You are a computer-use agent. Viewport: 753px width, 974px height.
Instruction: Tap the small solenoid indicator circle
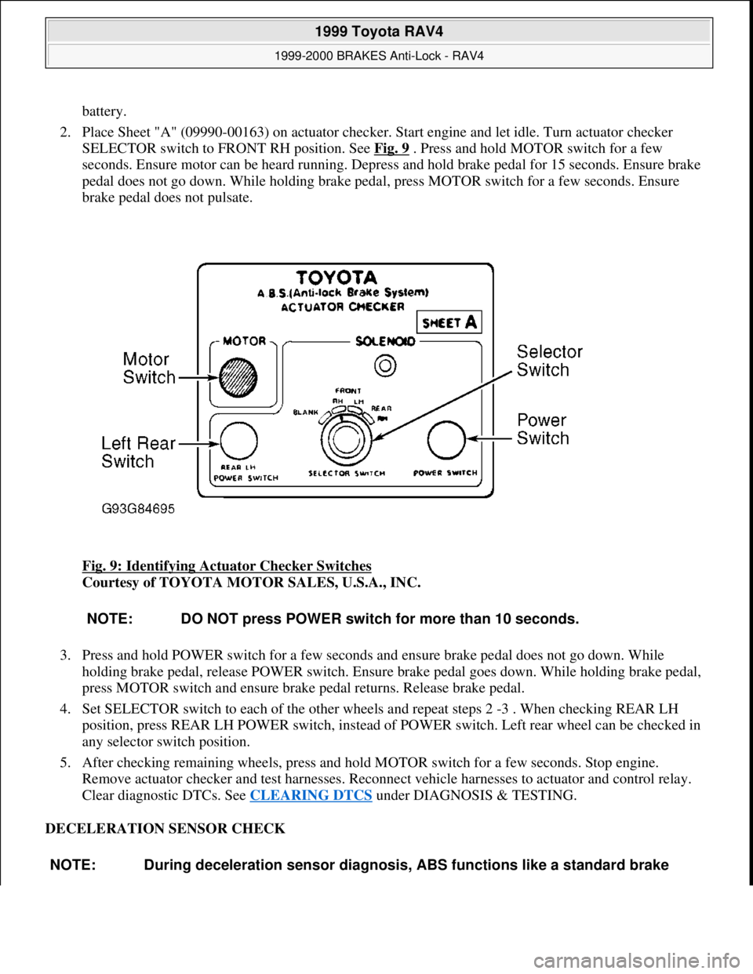(384, 364)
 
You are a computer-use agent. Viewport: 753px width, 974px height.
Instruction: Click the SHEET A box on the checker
(449, 322)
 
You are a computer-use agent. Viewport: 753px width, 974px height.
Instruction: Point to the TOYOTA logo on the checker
(336, 277)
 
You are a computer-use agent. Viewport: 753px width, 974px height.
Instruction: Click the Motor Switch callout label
(149, 369)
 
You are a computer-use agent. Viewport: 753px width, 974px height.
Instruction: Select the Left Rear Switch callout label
(138, 452)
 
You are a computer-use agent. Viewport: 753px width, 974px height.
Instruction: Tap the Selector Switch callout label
(549, 361)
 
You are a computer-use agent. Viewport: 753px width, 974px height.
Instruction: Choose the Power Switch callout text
(542, 429)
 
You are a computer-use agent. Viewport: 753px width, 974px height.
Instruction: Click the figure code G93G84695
(139, 508)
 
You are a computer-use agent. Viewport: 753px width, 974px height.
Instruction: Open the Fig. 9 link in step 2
(391, 148)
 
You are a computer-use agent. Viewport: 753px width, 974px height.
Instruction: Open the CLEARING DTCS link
(311, 795)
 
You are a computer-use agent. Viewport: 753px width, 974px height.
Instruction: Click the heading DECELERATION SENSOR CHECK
(165, 828)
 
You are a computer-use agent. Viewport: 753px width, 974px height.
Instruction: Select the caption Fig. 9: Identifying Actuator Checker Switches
(227, 566)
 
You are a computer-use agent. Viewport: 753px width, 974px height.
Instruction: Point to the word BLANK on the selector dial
(306, 411)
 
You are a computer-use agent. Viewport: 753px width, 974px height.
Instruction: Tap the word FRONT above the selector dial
(348, 390)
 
